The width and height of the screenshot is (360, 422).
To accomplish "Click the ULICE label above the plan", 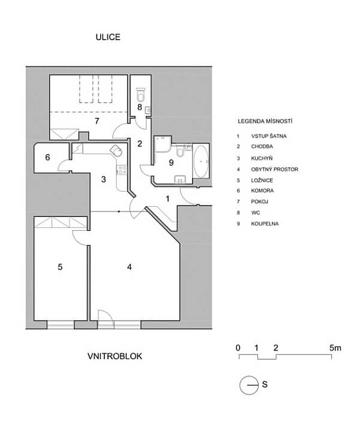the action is (x=108, y=37).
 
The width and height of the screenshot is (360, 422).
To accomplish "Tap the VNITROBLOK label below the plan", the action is (x=115, y=356).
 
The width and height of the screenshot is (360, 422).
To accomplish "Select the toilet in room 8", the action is (x=140, y=94).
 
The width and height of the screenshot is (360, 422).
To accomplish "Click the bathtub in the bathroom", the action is (x=201, y=161).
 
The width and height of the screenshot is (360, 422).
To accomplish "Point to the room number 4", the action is (x=130, y=267).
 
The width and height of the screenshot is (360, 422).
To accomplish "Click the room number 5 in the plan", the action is (x=60, y=267).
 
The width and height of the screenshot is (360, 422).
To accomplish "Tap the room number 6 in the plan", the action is (x=47, y=157).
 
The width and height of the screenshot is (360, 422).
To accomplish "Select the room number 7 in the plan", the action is (x=97, y=121).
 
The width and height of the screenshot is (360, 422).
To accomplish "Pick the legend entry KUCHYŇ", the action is (x=262, y=158).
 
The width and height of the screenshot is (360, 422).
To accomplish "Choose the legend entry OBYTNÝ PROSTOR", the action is (x=275, y=169).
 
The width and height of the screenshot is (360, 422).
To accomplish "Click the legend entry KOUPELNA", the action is (x=265, y=224).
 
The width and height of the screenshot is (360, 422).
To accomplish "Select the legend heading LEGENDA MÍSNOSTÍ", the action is (x=265, y=121).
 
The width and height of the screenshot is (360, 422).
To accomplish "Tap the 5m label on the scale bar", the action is (x=335, y=348).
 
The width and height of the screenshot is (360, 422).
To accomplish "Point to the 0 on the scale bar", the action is (x=238, y=348).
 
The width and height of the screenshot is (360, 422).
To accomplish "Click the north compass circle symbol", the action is (x=249, y=385).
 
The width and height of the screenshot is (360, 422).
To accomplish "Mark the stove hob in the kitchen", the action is (x=122, y=170).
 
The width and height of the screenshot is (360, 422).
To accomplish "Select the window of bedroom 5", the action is (x=61, y=325).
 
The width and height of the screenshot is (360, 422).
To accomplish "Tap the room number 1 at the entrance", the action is (x=167, y=198).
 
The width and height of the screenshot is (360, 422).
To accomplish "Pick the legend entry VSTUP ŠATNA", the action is (x=269, y=136).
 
